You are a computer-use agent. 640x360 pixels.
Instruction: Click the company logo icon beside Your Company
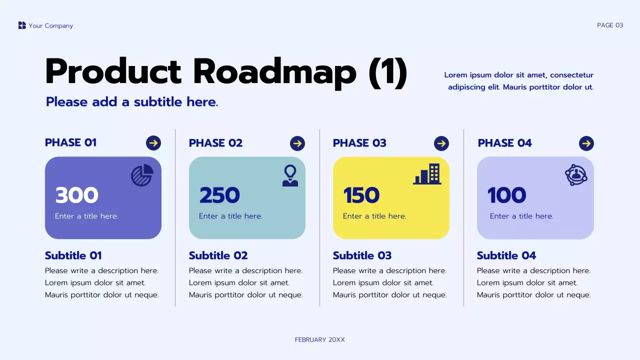(22, 25)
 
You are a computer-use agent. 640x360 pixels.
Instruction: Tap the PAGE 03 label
(610, 25)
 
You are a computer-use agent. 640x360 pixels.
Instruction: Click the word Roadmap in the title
(274, 72)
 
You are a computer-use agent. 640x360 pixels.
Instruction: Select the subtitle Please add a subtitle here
(132, 102)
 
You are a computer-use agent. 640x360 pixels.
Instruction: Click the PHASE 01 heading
(70, 142)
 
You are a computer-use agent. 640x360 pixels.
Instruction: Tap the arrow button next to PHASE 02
(297, 143)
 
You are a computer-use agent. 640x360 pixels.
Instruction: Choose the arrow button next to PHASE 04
(586, 143)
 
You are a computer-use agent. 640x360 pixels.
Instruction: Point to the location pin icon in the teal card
(290, 175)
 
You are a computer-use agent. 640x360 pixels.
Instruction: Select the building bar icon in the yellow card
(427, 174)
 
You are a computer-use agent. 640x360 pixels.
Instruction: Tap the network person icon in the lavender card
(576, 175)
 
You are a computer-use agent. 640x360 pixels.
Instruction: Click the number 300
(76, 195)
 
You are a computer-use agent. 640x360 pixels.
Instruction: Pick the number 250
(219, 195)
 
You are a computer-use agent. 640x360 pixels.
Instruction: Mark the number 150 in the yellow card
(361, 195)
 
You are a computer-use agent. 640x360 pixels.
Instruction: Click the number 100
(506, 195)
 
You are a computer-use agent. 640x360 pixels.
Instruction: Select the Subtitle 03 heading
(362, 255)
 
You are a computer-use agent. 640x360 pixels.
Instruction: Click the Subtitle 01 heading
(73, 255)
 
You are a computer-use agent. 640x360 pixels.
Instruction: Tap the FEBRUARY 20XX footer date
(320, 340)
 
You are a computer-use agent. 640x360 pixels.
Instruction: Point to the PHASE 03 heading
(359, 143)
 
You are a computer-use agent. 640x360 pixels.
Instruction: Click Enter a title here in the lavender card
(521, 216)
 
